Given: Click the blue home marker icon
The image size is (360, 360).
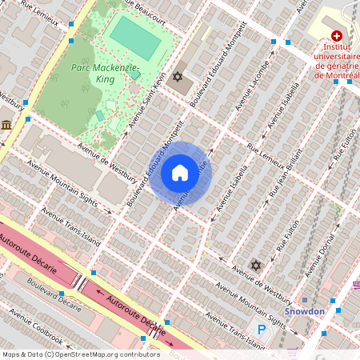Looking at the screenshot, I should (x=180, y=172).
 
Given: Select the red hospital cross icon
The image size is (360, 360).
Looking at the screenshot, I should (x=337, y=37).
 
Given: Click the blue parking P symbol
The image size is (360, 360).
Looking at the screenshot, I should (x=261, y=328).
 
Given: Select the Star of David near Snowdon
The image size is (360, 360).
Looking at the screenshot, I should (x=256, y=265).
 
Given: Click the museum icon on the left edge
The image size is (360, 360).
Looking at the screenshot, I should (x=6, y=126).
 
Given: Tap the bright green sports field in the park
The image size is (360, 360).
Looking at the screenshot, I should (x=134, y=36).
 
